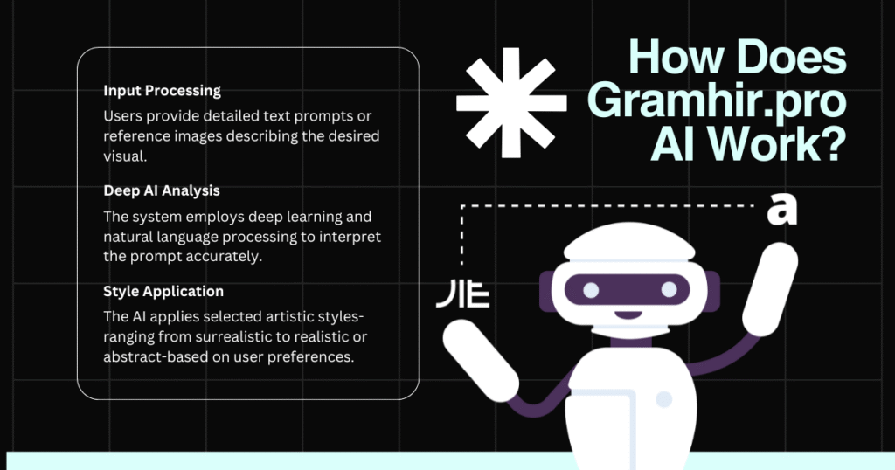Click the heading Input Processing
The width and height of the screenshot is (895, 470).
[162, 91]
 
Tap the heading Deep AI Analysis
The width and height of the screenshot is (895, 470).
[162, 190]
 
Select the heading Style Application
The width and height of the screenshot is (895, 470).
[163, 291]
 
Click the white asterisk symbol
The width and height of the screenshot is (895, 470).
[511, 103]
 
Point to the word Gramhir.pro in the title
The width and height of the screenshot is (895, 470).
[717, 100]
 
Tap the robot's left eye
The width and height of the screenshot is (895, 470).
[591, 290]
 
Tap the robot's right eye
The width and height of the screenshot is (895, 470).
[669, 290]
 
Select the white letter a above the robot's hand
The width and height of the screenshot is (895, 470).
[781, 210]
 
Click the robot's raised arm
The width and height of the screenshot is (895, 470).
[770, 289]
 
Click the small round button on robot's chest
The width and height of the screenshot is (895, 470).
[664, 399]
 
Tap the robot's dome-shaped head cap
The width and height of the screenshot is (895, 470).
[629, 242]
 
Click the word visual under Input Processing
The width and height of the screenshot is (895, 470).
[125, 156]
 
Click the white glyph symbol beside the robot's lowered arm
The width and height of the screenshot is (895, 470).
[463, 294]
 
